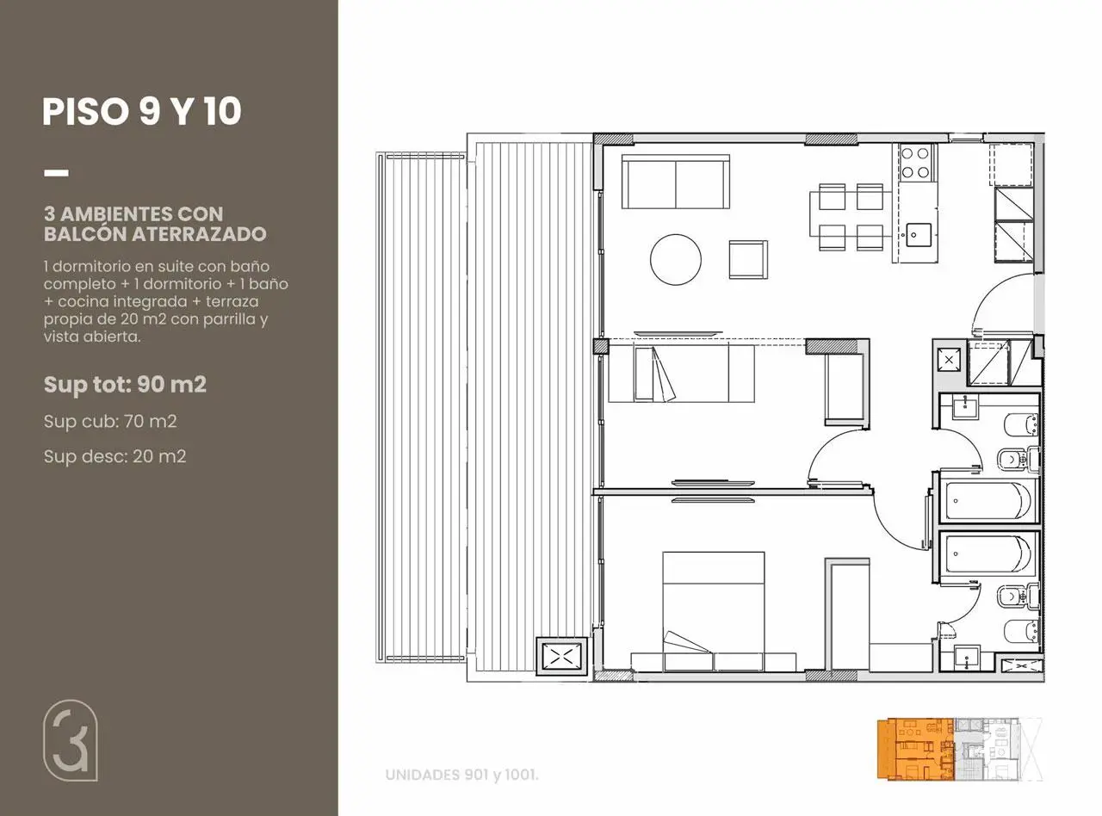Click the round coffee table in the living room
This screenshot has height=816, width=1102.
[675, 259]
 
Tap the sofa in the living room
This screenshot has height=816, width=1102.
[676, 182]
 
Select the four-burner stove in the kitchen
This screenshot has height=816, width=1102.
[916, 162]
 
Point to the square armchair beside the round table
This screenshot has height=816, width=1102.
[748, 259]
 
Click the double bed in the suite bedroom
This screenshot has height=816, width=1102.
[714, 611]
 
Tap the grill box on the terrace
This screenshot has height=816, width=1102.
[561, 657]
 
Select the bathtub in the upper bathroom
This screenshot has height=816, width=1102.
[987, 500]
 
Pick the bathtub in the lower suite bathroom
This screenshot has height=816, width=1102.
[987, 554]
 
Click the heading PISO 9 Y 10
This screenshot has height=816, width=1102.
[142, 111]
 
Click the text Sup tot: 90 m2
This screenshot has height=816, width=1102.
[125, 384]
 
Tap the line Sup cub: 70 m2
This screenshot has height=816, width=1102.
[110, 422]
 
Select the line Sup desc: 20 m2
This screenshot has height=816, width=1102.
[115, 456]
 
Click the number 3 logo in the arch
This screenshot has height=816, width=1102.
[69, 740]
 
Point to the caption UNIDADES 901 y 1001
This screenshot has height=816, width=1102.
[461, 775]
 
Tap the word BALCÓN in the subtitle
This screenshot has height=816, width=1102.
[85, 233]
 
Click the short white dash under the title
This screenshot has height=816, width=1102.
[56, 173]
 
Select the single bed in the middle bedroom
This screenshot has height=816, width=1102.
[681, 374]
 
